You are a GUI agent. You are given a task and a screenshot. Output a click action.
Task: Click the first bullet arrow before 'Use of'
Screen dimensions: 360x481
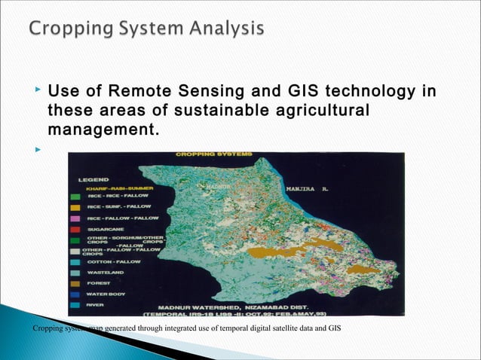click(x=38, y=91)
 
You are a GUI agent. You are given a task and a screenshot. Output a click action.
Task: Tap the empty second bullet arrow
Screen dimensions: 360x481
click(x=38, y=149)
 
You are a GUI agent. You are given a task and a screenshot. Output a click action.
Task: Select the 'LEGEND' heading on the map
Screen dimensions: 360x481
click(x=95, y=180)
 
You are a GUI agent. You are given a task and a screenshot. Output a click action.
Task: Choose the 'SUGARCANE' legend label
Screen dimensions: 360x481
click(x=105, y=228)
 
